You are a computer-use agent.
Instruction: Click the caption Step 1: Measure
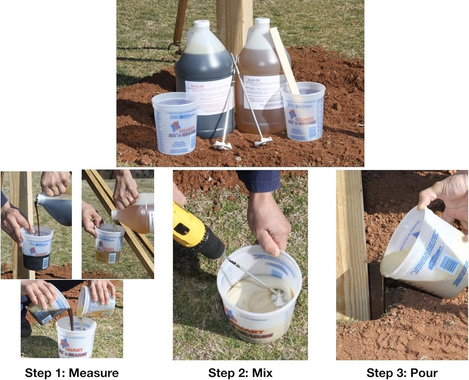(71, 373)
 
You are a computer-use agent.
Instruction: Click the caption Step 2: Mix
(240, 373)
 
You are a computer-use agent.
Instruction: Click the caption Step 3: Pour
(402, 373)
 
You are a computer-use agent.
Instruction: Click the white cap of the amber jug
(262, 22)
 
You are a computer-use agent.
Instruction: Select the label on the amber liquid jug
(264, 92)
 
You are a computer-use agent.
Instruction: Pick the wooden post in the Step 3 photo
(352, 243)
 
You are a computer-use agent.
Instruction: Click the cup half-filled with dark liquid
(37, 250)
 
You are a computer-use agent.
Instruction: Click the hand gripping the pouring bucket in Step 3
(444, 195)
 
